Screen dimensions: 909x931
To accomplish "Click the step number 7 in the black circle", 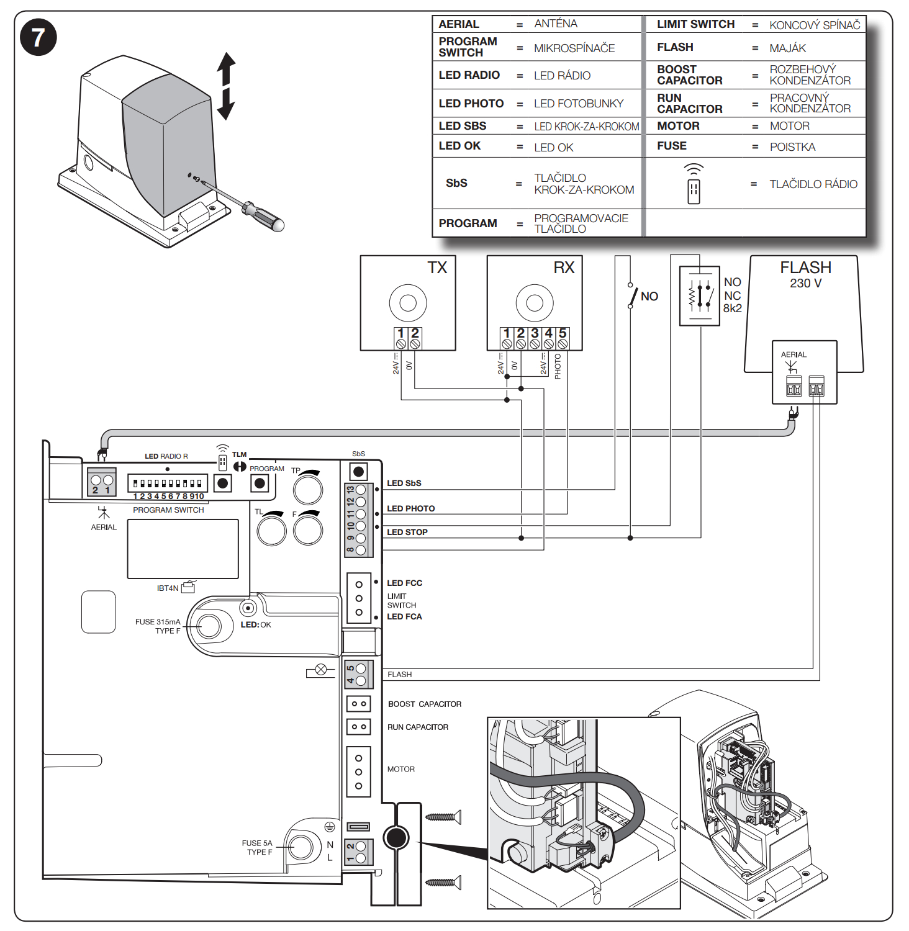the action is (38, 37).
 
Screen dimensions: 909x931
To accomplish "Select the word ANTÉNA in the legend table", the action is (556, 24).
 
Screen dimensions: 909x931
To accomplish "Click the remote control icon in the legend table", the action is (694, 184).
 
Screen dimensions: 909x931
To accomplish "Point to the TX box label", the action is (437, 268).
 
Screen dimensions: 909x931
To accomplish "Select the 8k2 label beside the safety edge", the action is (732, 308).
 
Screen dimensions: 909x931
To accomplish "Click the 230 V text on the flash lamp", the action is (805, 283).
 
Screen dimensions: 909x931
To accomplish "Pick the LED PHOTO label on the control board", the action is (410, 508).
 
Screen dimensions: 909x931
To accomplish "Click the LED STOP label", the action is (407, 532).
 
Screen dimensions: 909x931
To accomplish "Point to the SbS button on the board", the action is (358, 472).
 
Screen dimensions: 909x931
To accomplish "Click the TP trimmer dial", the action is (308, 490).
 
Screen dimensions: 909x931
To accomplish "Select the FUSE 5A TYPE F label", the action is (257, 848).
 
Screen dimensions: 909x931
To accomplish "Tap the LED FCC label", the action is (404, 583).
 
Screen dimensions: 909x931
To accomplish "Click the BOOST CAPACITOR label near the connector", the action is (425, 704).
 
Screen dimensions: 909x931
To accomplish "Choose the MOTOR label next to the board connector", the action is (401, 769).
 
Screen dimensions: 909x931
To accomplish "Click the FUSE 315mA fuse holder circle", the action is (209, 626).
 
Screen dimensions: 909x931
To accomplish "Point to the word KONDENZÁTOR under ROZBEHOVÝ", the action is (810, 81).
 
